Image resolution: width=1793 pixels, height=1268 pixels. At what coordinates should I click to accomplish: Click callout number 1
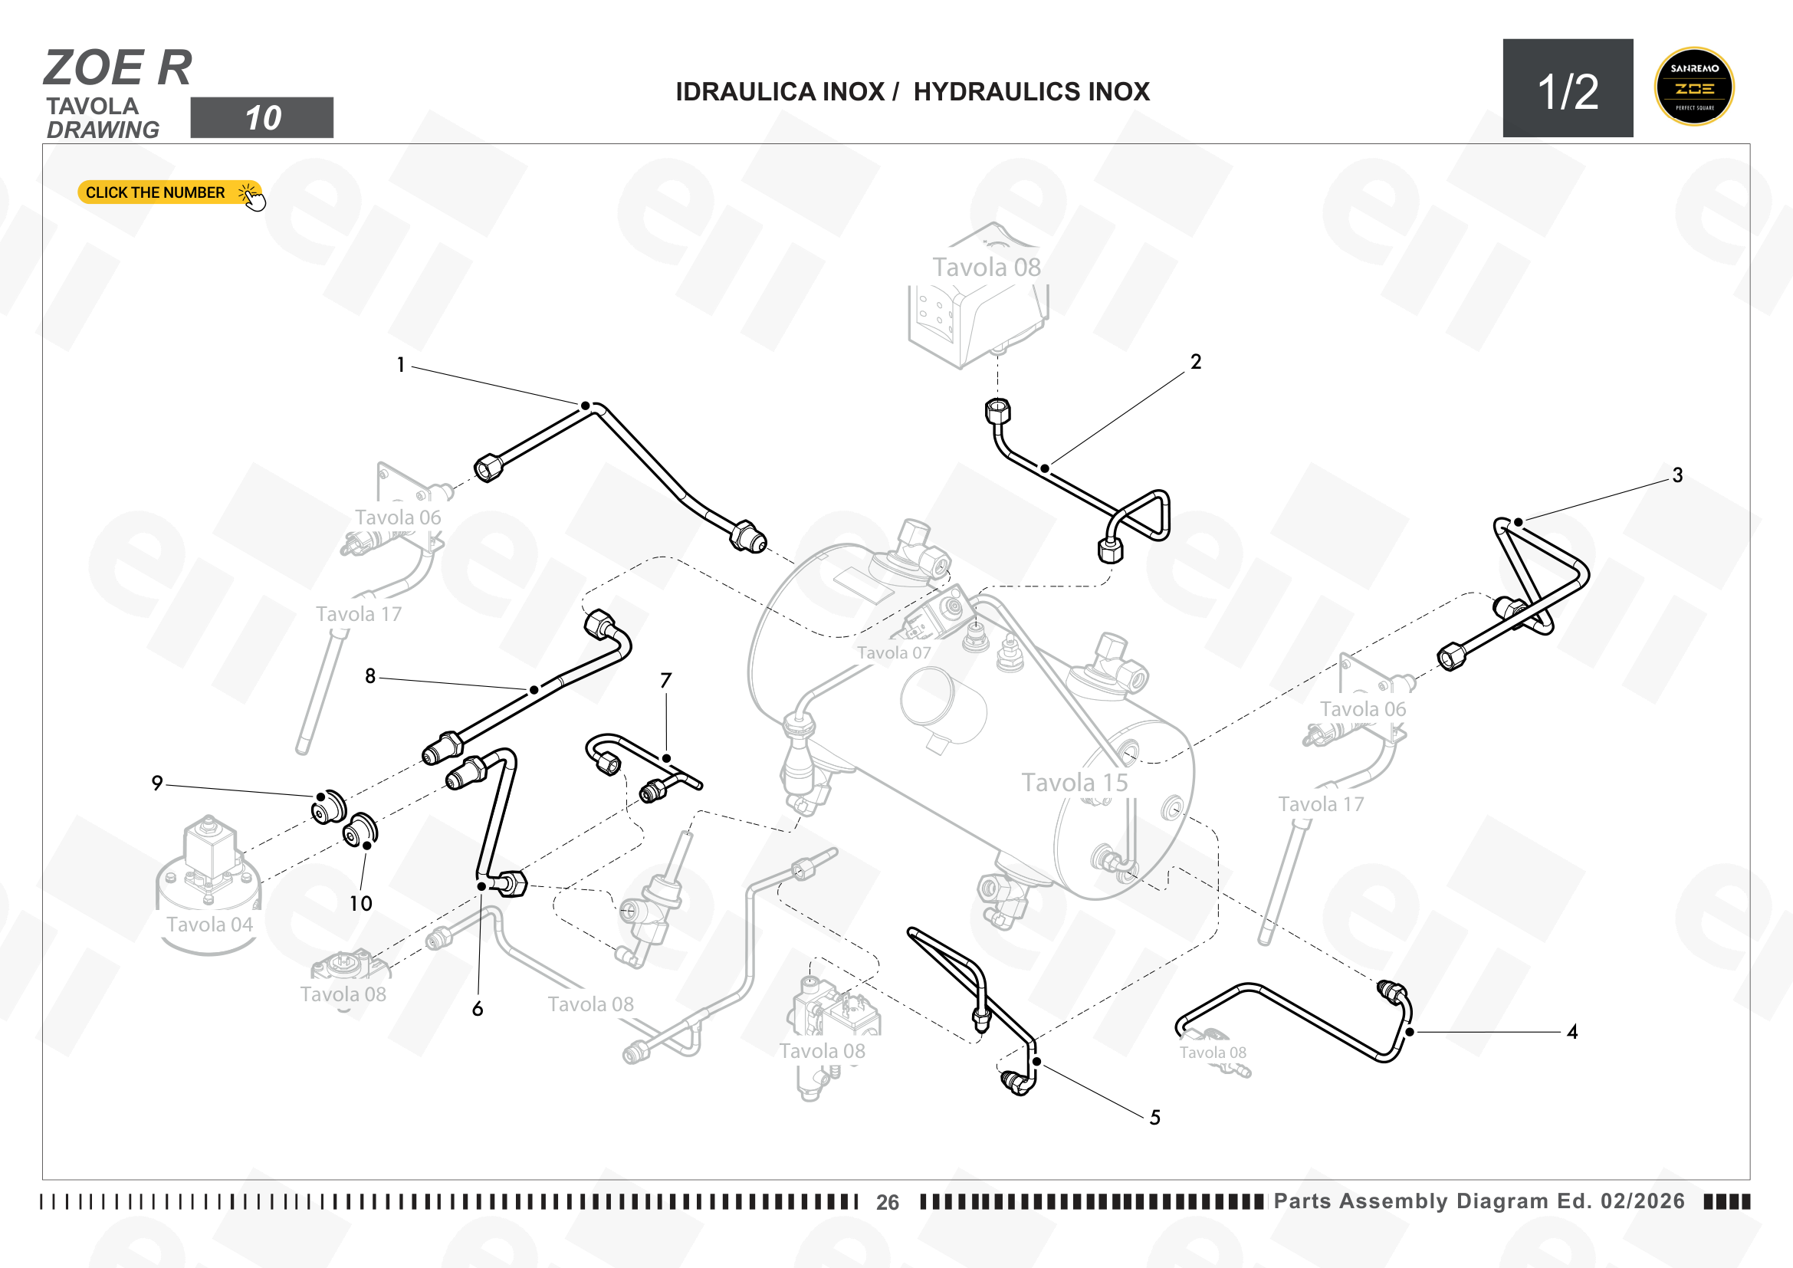401,365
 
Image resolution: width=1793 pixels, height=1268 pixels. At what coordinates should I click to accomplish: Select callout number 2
1196,362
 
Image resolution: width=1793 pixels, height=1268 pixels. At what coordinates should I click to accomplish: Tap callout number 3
1677,475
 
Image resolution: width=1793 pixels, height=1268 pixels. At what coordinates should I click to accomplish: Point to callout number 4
1572,1031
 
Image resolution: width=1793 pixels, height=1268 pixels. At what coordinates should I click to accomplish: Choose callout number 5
1155,1117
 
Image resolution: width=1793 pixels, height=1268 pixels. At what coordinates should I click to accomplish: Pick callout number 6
478,1009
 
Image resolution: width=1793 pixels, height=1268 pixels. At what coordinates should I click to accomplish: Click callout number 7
665,681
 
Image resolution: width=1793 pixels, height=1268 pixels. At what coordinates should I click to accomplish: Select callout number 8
370,676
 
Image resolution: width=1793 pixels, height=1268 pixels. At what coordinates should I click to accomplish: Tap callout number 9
157,783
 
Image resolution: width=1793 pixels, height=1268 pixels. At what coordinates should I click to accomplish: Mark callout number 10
360,903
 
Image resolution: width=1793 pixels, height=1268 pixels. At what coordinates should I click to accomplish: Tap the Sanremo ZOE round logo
1694,87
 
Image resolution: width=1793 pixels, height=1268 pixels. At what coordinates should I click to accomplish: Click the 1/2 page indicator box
1568,88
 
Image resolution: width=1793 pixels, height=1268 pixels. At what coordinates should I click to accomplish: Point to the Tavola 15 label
1075,783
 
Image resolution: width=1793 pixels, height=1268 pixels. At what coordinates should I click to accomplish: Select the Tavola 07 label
894,652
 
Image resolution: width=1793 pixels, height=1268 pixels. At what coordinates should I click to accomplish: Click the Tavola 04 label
209,925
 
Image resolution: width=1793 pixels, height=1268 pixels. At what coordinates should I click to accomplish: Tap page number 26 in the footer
887,1202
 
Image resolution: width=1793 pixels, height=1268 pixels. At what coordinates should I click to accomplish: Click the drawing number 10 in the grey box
263,118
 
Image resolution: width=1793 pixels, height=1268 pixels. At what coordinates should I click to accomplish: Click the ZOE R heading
118,68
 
